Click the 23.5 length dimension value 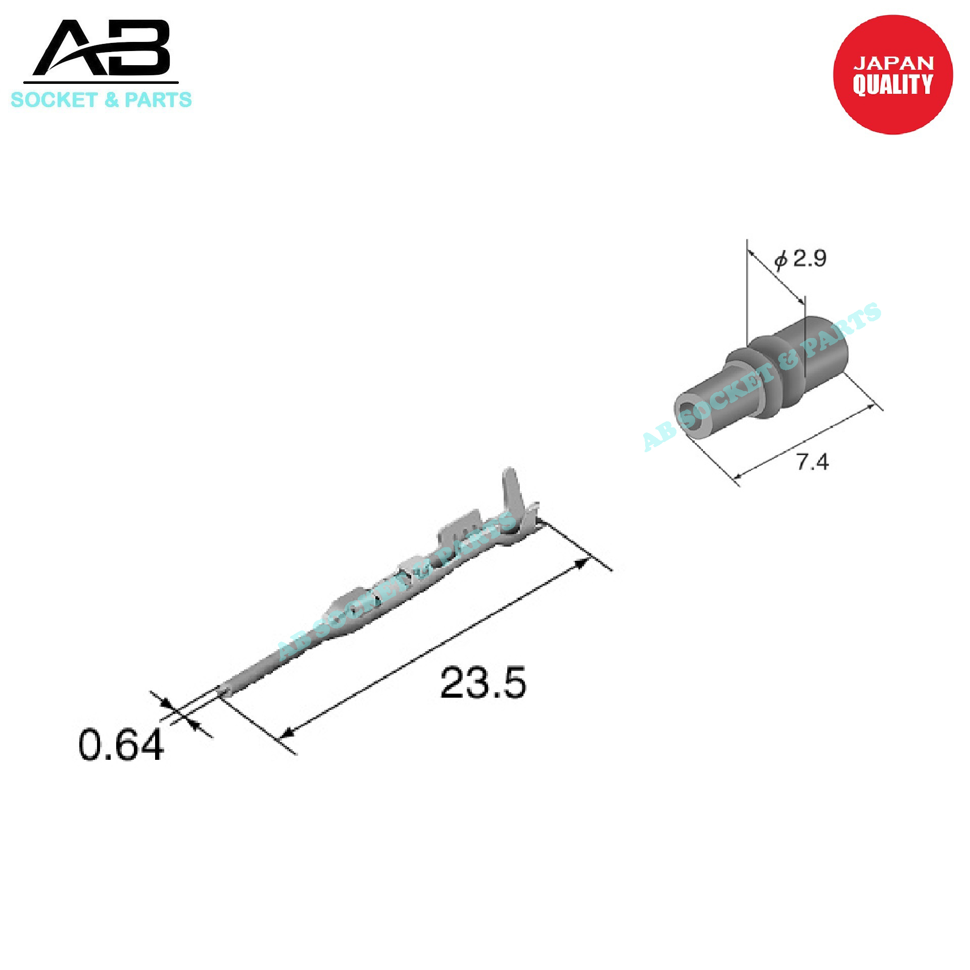(483, 683)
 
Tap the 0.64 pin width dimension (121, 745)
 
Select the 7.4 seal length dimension (812, 462)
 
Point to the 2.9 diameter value (809, 258)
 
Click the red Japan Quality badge (893, 75)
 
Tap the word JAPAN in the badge (893, 63)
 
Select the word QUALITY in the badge (893, 84)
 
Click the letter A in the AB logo (71, 50)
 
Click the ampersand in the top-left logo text (111, 100)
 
